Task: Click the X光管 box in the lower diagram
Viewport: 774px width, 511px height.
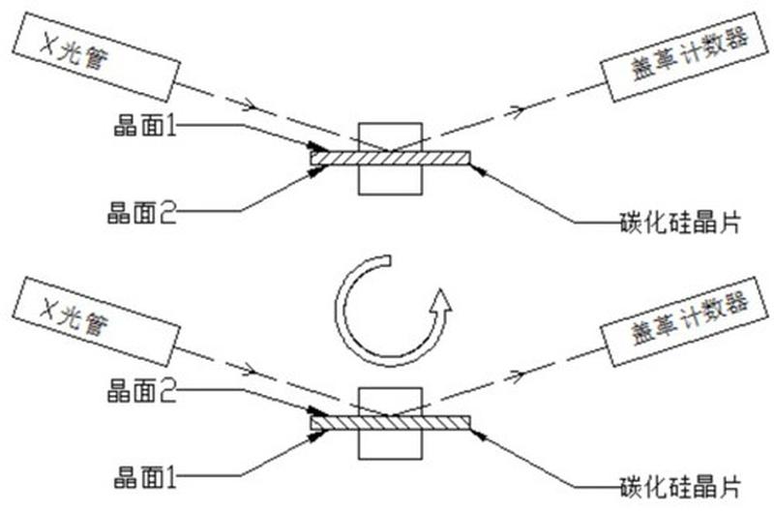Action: coord(95,322)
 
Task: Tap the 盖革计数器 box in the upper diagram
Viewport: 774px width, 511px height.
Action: coord(686,57)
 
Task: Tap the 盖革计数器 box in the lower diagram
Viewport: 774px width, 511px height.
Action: coord(686,322)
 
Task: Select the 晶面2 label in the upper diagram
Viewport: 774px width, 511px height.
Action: coord(141,212)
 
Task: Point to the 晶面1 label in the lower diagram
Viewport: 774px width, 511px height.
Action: coord(144,477)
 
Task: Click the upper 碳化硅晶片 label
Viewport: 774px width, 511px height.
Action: coord(680,223)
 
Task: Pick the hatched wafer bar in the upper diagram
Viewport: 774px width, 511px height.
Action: coord(390,158)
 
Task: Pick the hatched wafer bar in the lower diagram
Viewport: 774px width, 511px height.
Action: coord(390,423)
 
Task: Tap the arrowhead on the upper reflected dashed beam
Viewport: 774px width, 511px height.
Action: coord(518,111)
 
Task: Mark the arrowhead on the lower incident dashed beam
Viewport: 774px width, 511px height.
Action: coord(250,370)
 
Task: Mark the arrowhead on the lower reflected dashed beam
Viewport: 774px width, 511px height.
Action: coord(518,376)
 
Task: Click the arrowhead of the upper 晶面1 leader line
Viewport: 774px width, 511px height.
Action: coord(318,147)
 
